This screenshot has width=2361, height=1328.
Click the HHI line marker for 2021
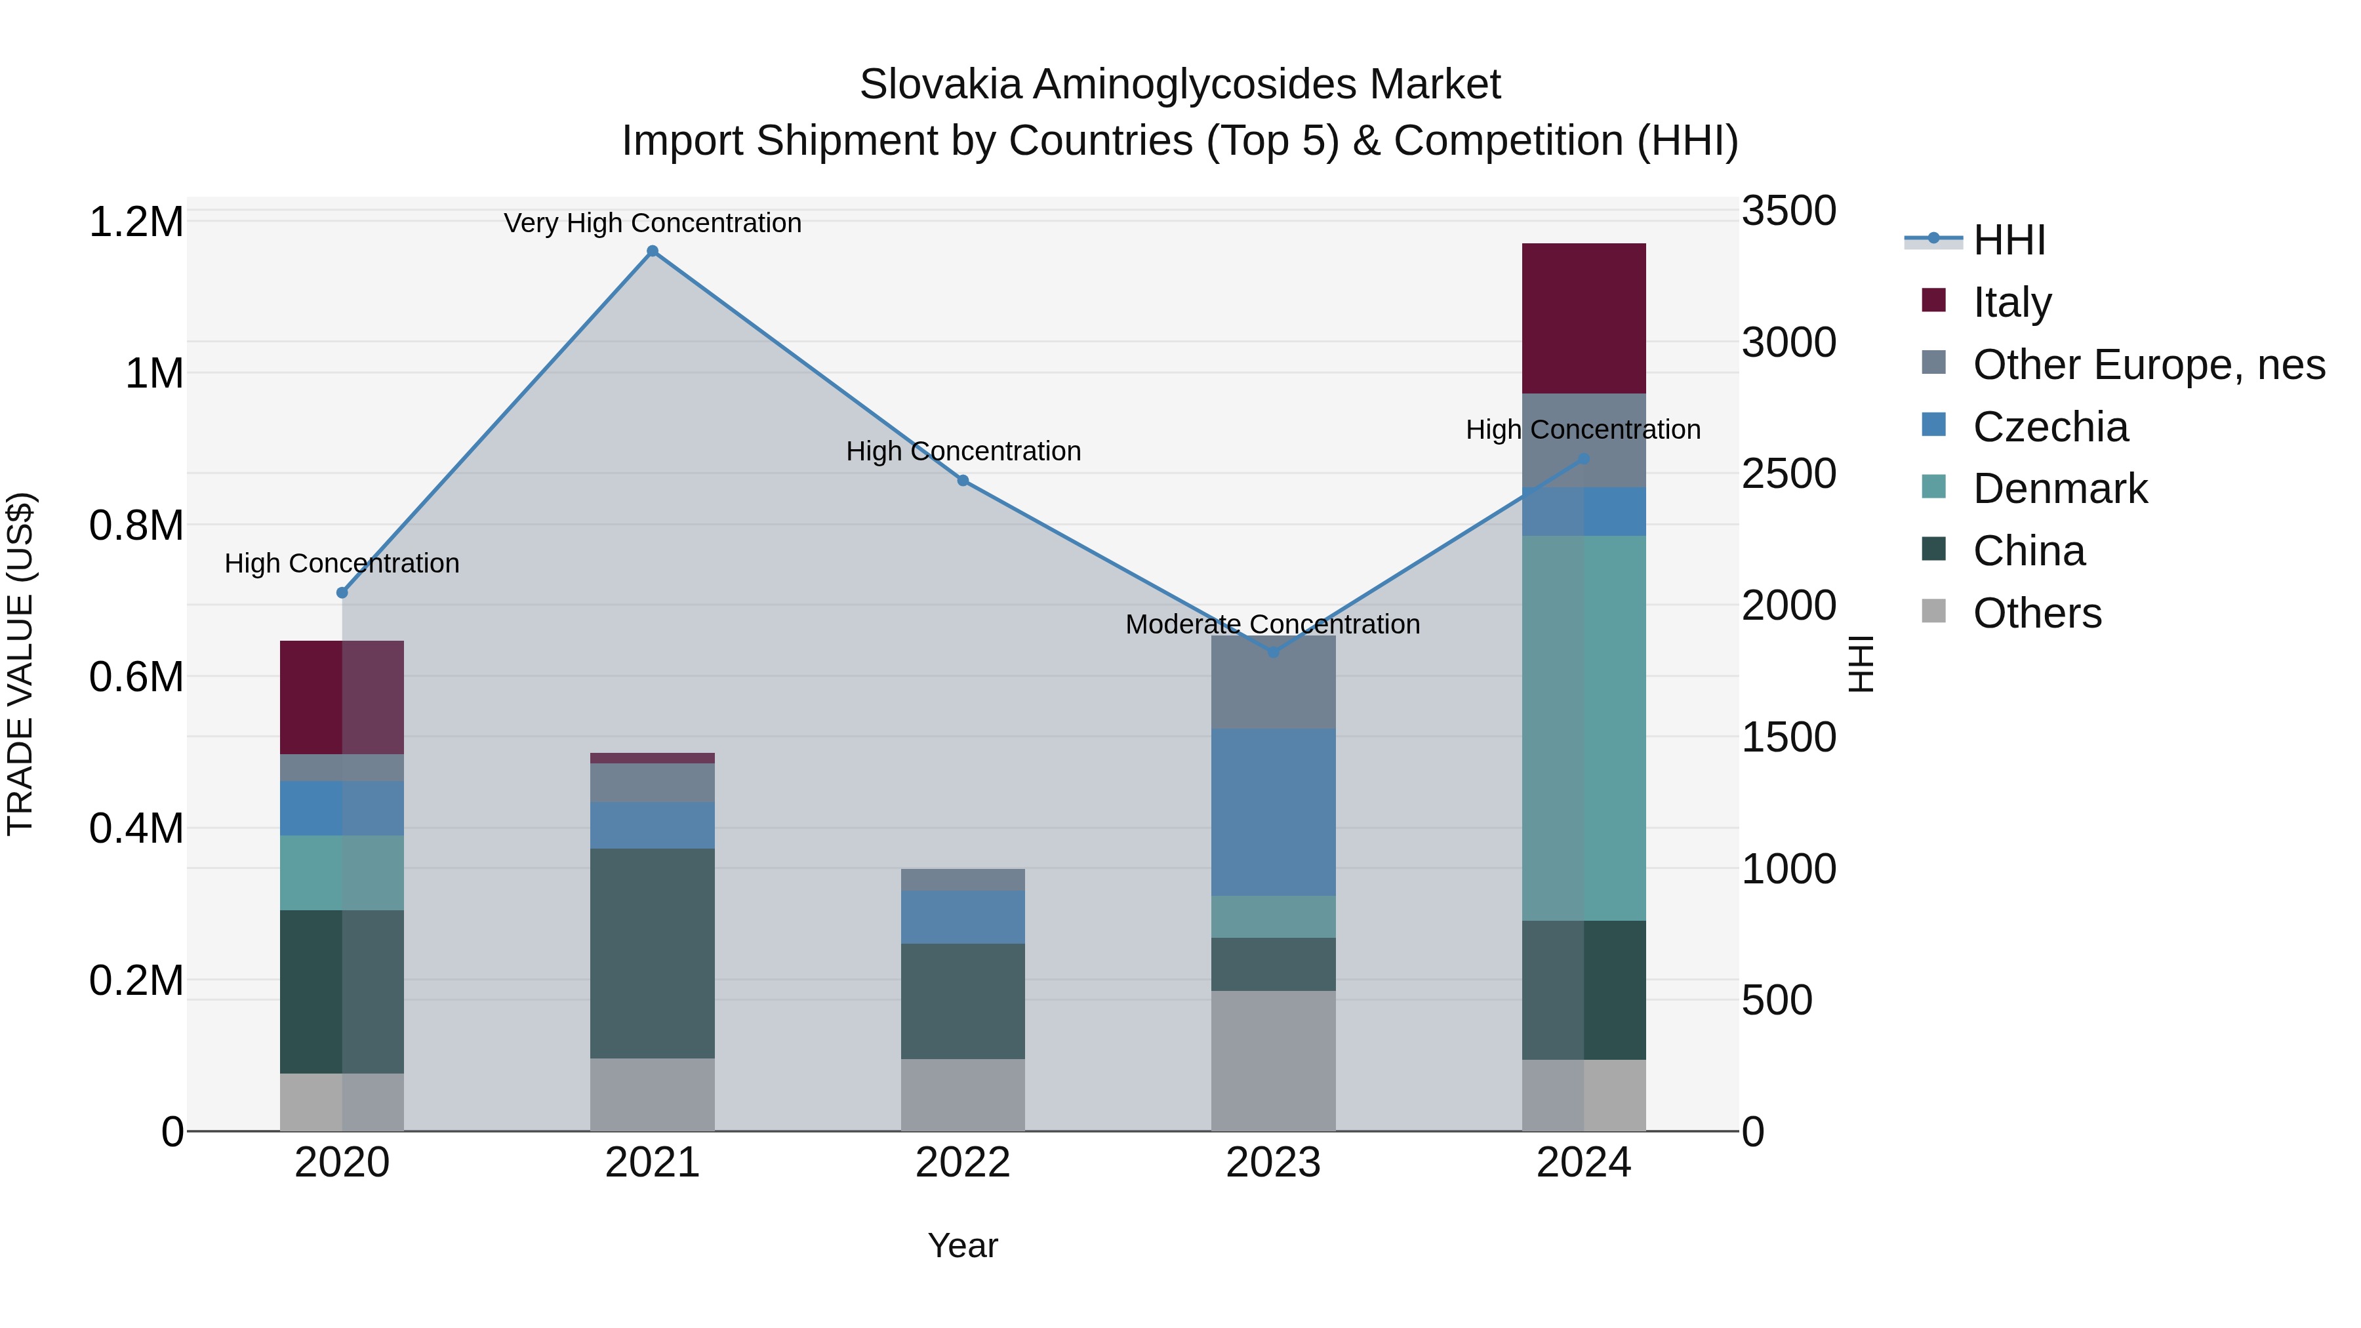(x=653, y=251)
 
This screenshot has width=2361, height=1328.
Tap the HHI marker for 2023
(x=1273, y=653)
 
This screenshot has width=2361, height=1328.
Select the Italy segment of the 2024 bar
(x=1584, y=318)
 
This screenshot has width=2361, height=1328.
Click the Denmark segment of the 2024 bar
(x=1584, y=728)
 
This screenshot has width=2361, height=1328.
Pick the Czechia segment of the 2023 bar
(x=1273, y=812)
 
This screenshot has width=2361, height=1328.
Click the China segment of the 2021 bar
(x=653, y=953)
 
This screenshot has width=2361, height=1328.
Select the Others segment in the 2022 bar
(x=962, y=1095)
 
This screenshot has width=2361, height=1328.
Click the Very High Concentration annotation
(x=653, y=223)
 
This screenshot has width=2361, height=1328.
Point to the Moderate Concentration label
(x=1273, y=624)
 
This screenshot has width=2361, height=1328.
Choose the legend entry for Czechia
(x=2050, y=427)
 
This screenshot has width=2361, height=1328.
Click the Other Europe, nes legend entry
(x=2149, y=365)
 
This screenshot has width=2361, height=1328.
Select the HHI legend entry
(x=2009, y=240)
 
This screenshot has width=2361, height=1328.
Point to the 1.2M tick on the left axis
(x=136, y=222)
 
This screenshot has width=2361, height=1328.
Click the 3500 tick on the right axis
(x=1788, y=211)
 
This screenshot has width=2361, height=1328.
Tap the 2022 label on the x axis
(x=962, y=1163)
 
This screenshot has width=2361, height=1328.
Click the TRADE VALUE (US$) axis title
(x=20, y=664)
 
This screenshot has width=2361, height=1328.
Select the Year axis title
(x=962, y=1245)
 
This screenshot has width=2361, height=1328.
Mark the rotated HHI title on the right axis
(x=1861, y=664)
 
